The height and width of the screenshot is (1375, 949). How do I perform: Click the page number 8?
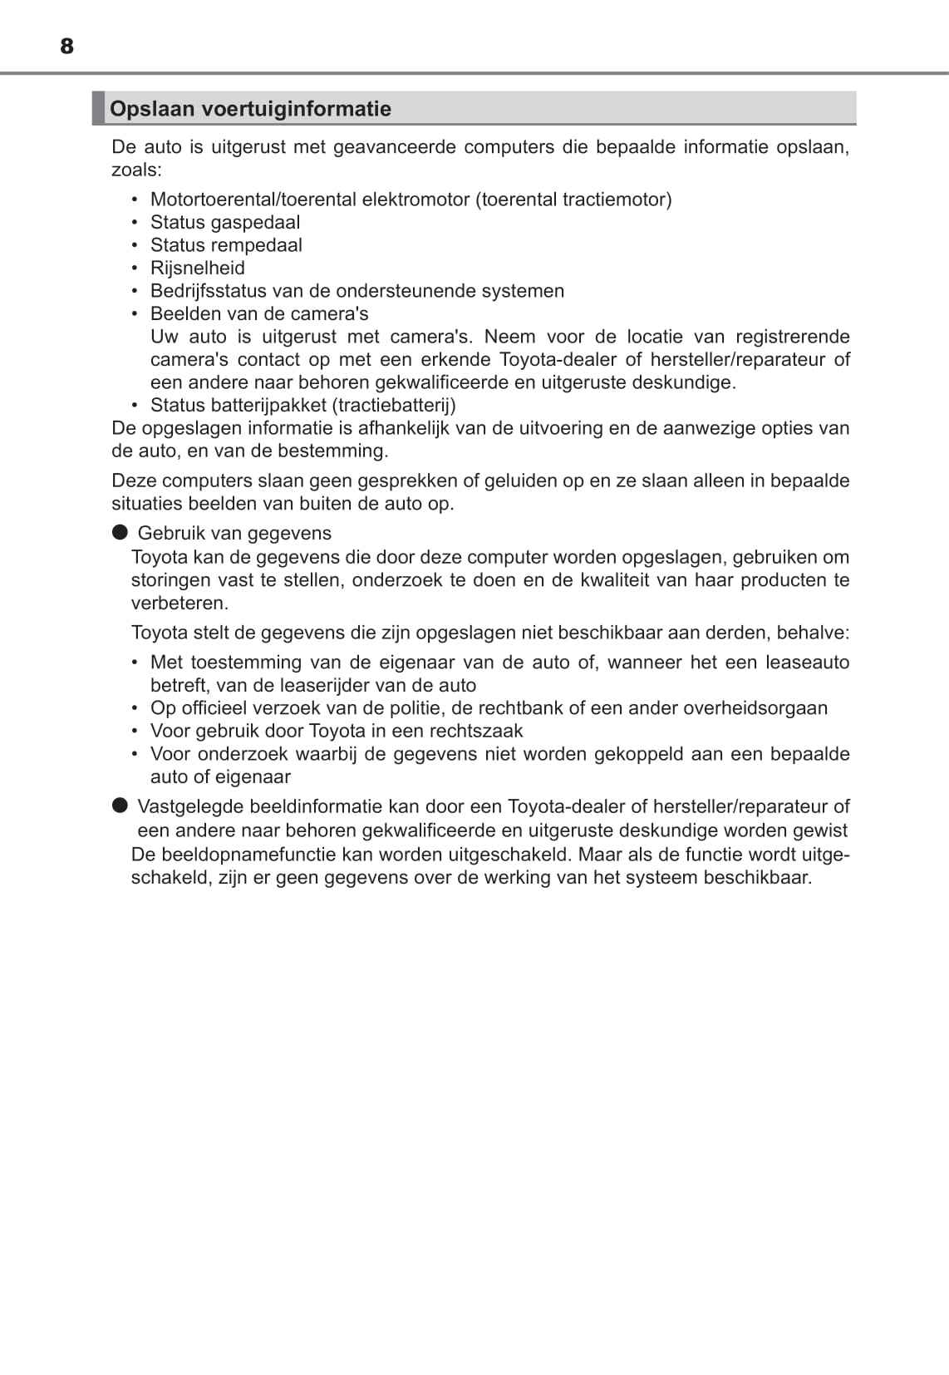click(x=66, y=47)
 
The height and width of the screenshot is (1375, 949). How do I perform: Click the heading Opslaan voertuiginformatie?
click(x=250, y=109)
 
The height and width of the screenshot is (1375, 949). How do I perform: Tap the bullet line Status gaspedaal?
click(x=224, y=222)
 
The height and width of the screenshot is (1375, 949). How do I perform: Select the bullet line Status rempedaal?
click(x=226, y=245)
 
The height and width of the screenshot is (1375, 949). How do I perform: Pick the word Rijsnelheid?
click(x=198, y=268)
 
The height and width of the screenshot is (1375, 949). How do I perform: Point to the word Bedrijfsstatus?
click(x=208, y=291)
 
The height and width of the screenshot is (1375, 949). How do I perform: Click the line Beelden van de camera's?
click(x=259, y=313)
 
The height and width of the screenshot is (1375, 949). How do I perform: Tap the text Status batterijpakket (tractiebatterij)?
click(x=302, y=405)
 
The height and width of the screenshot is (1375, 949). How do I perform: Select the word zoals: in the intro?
click(x=136, y=170)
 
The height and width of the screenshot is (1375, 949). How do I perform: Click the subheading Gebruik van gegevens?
click(x=234, y=533)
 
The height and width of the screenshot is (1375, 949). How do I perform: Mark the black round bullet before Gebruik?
click(x=120, y=532)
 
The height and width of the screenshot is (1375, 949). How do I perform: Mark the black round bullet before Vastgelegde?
click(x=120, y=805)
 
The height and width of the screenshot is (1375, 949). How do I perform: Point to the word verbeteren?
click(x=179, y=603)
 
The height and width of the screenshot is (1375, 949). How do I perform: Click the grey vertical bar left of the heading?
click(x=98, y=108)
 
